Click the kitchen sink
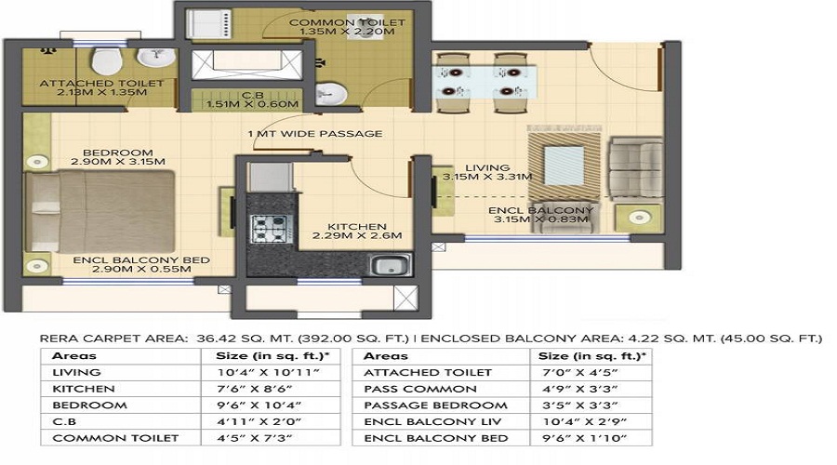(x=392, y=265)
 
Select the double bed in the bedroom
(x=100, y=211)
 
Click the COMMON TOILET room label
(x=347, y=22)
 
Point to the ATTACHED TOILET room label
(x=101, y=84)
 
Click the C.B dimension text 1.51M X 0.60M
(x=252, y=104)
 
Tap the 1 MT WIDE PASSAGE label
(x=315, y=134)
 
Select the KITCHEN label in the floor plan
(x=356, y=227)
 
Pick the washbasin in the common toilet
(x=331, y=94)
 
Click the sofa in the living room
(x=636, y=168)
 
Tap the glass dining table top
(x=485, y=82)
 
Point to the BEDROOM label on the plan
(x=117, y=153)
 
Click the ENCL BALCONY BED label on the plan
(x=141, y=260)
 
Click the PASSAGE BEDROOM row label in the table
(x=435, y=405)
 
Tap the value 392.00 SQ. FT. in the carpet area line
(x=353, y=339)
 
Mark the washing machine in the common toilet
(x=208, y=24)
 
